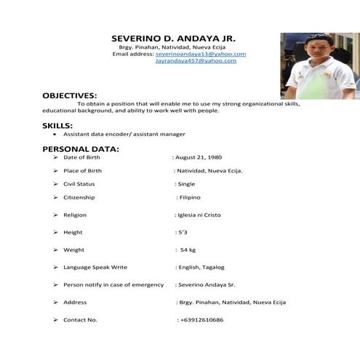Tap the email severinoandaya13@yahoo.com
[201, 54]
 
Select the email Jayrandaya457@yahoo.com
[196, 60]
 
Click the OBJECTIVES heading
[69, 95]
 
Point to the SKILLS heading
[57, 125]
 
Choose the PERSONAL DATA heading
[81, 149]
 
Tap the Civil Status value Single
[186, 184]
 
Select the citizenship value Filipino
[189, 197]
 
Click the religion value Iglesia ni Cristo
[199, 215]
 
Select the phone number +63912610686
[201, 320]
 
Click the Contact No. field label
[80, 320]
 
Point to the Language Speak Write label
[95, 267]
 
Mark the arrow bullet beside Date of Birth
[55, 157]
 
